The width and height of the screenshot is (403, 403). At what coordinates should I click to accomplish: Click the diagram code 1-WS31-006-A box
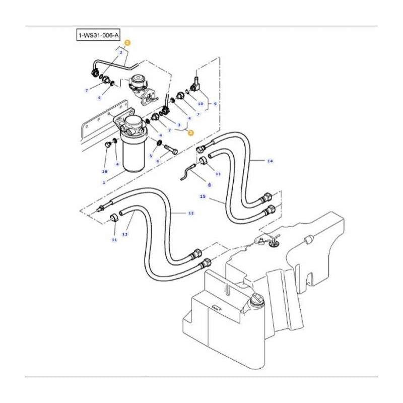pyautogui.click(x=98, y=36)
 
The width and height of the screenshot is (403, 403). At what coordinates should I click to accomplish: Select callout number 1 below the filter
pyautogui.click(x=104, y=182)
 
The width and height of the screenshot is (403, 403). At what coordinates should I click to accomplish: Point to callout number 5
pyautogui.click(x=150, y=155)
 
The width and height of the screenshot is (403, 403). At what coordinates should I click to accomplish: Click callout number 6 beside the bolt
pyautogui.click(x=158, y=161)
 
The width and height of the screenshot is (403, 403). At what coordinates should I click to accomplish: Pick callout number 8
pyautogui.click(x=209, y=185)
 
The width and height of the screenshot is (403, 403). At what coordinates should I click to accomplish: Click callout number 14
pyautogui.click(x=270, y=161)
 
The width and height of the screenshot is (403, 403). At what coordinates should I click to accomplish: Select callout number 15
pyautogui.click(x=203, y=197)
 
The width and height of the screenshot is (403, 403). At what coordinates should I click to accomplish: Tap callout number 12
pyautogui.click(x=191, y=214)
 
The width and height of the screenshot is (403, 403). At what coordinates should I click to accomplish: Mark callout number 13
pyautogui.click(x=124, y=234)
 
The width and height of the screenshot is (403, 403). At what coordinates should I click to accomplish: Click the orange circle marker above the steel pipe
pyautogui.click(x=127, y=43)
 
